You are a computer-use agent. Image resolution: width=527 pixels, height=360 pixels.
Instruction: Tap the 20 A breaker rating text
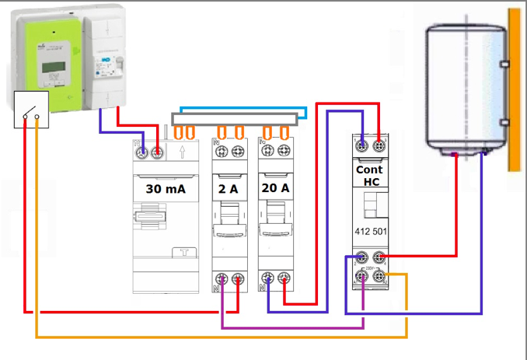pos(275,188)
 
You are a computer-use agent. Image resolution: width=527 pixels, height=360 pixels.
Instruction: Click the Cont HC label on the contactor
pos(369,174)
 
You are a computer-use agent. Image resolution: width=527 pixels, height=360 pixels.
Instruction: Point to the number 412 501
pos(370,231)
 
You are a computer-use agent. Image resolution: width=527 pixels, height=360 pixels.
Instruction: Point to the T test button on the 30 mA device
pos(184,252)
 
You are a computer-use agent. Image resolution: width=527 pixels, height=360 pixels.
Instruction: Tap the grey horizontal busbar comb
pos(234,119)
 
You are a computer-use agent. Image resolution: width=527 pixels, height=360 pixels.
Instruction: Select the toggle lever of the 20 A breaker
pos(275,222)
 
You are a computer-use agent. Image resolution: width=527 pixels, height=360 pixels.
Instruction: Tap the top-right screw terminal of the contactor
pos(379,145)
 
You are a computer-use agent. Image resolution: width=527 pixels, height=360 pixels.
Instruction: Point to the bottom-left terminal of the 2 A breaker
pos(222,281)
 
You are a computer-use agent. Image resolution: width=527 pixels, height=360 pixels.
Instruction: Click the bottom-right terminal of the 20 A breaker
pos(284,281)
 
